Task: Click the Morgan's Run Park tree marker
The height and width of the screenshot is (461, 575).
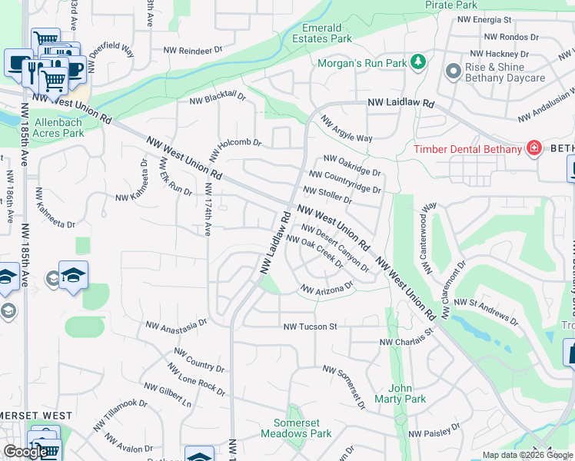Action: [x=418, y=61]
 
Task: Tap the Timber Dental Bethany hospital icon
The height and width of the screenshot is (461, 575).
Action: [x=533, y=148]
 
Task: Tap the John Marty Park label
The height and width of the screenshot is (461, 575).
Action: [x=407, y=393]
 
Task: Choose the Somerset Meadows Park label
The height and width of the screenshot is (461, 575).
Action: [x=303, y=428]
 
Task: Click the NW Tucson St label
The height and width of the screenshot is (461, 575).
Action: [x=311, y=327]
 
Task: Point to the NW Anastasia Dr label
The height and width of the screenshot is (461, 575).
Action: [x=177, y=327]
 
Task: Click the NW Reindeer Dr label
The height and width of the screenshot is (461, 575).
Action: [x=193, y=51]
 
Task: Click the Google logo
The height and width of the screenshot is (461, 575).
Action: [x=25, y=453]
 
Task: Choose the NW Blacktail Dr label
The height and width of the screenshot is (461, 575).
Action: [x=218, y=99]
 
